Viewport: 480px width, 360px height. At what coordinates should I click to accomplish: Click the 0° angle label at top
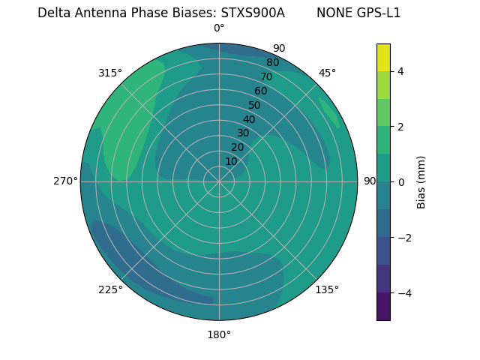coord(219,28)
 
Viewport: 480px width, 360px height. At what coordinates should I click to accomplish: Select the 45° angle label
coord(327,73)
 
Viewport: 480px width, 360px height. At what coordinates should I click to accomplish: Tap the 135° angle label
coord(327,289)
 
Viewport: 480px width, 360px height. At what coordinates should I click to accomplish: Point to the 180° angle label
coord(219,334)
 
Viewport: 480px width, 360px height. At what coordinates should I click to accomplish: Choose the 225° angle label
coord(110,290)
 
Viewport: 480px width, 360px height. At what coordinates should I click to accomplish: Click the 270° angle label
coord(65,181)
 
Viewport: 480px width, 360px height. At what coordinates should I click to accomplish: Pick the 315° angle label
coord(110,73)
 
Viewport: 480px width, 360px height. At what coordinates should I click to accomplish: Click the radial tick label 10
coord(231,161)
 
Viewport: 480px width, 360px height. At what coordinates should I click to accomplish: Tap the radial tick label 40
coord(249,119)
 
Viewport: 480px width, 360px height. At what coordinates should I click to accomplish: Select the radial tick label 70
coord(266,76)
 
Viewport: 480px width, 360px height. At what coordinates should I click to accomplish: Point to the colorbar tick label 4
coord(401,71)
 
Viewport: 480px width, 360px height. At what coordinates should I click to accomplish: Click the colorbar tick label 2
coord(401,127)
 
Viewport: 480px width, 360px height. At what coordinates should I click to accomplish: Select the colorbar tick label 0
coord(401,182)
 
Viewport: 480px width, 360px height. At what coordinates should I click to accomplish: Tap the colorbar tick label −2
coord(403,238)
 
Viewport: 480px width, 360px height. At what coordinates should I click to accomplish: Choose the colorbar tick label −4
coord(403,293)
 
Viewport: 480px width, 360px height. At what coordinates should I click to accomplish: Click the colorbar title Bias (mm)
coord(421,182)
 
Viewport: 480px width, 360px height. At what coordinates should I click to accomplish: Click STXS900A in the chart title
coord(253,13)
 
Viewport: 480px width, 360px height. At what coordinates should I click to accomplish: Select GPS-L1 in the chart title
coord(379,13)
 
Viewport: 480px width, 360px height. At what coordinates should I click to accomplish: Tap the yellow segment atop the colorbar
coord(383,57)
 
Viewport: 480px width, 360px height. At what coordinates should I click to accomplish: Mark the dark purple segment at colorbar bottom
coord(383,307)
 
